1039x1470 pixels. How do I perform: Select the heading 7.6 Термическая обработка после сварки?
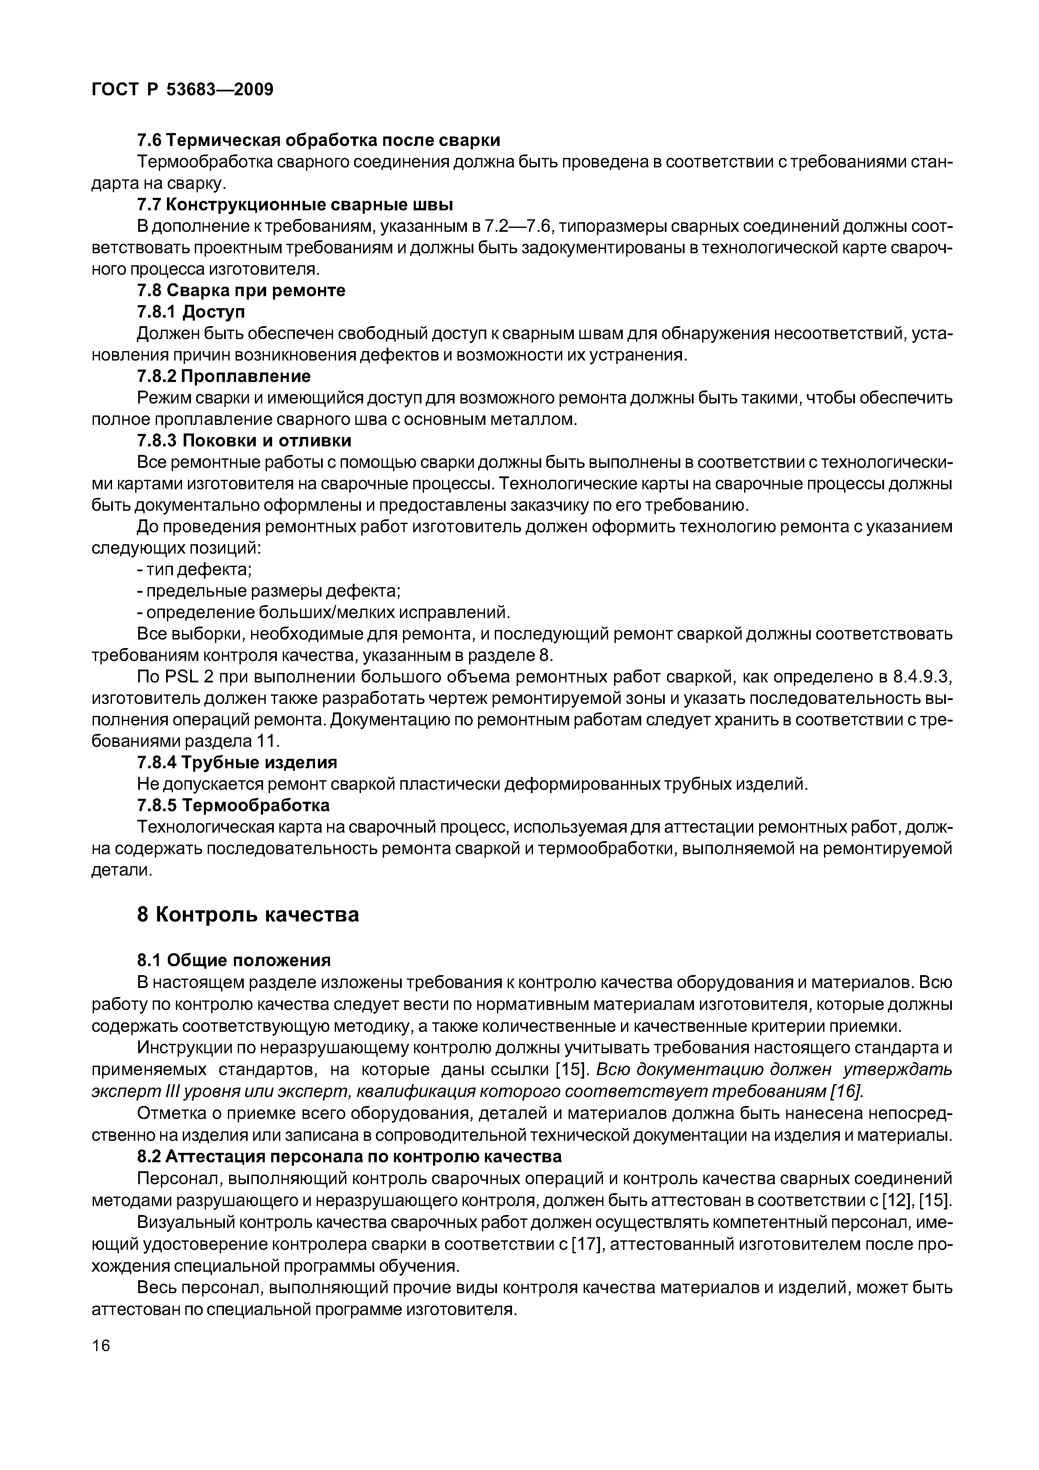(x=318, y=139)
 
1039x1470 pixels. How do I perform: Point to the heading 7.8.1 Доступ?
(x=191, y=312)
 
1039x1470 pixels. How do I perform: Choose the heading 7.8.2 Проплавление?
(x=224, y=376)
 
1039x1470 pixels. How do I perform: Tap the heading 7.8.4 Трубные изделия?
(x=237, y=763)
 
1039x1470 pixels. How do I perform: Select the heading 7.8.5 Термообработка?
(x=233, y=805)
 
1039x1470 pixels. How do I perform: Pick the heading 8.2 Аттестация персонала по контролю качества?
(x=349, y=1156)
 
